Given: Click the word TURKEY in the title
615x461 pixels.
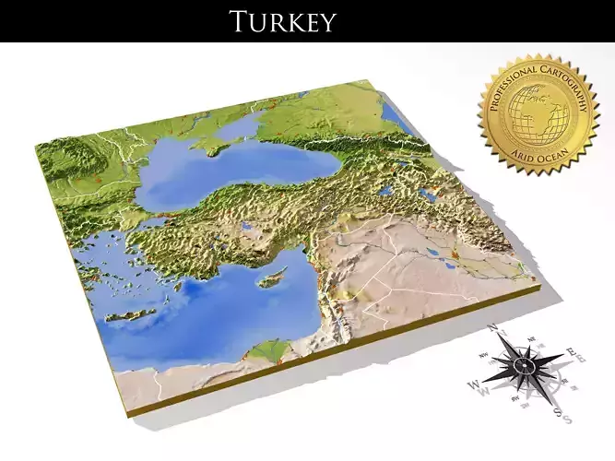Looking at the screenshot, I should pyautogui.click(x=282, y=20).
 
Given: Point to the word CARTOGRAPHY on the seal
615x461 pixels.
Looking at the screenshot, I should pyautogui.click(x=572, y=92).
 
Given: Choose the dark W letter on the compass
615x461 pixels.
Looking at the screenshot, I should pyautogui.click(x=474, y=384).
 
